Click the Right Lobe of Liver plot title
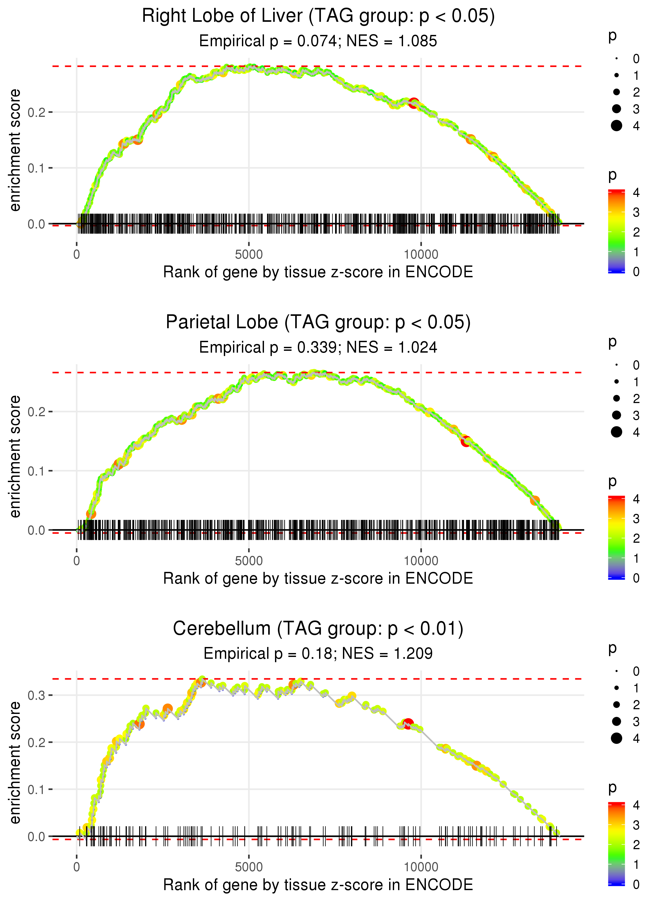(318, 16)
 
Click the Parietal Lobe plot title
(318, 322)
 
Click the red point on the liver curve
(413, 103)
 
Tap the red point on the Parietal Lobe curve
(466, 441)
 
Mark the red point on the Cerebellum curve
(408, 723)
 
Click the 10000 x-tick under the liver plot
(421, 255)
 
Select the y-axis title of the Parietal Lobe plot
(15, 456)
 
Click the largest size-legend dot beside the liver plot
(616, 126)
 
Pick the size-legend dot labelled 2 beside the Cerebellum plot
(616, 705)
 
